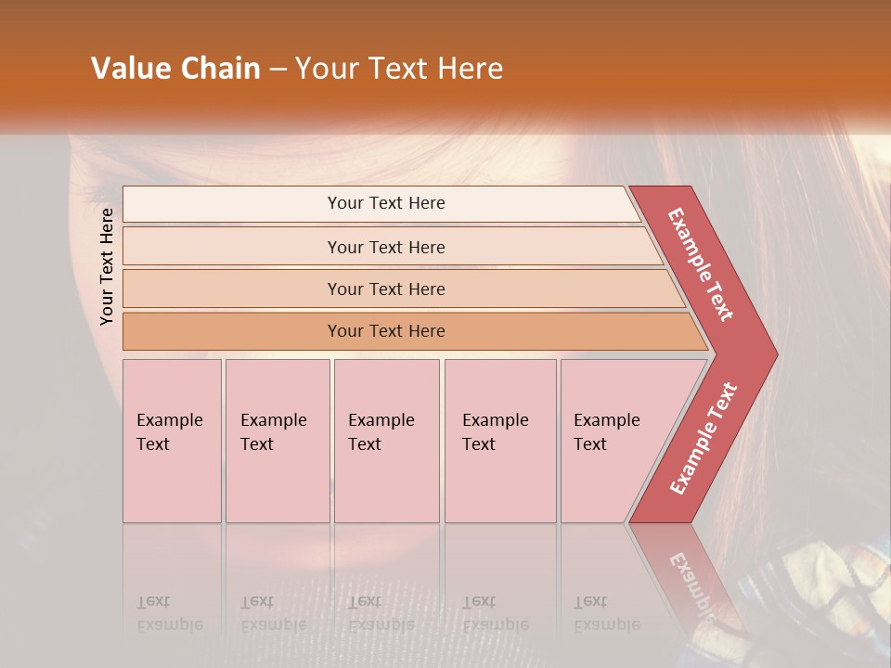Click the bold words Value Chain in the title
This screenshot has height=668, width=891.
pyautogui.click(x=175, y=69)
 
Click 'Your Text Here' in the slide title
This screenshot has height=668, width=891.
pyautogui.click(x=399, y=69)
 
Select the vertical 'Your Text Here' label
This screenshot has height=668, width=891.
pyautogui.click(x=107, y=266)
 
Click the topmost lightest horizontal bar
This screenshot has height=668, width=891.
pyautogui.click(x=385, y=203)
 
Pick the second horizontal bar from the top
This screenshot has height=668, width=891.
pyautogui.click(x=385, y=247)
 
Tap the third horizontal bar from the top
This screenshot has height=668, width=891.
pyautogui.click(x=385, y=289)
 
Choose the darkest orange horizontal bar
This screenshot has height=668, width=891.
pyautogui.click(x=385, y=331)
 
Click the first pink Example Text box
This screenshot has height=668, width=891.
pyautogui.click(x=172, y=442)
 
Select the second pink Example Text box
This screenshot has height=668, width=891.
pyautogui.click(x=277, y=442)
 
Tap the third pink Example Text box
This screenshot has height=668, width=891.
pyautogui.click(x=386, y=442)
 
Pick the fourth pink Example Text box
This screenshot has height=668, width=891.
pyautogui.click(x=499, y=442)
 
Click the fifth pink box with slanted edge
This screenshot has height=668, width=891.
pyautogui.click(x=613, y=442)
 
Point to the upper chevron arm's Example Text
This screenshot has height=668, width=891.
pyautogui.click(x=701, y=264)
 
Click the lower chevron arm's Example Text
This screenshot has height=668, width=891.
pyautogui.click(x=703, y=438)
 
